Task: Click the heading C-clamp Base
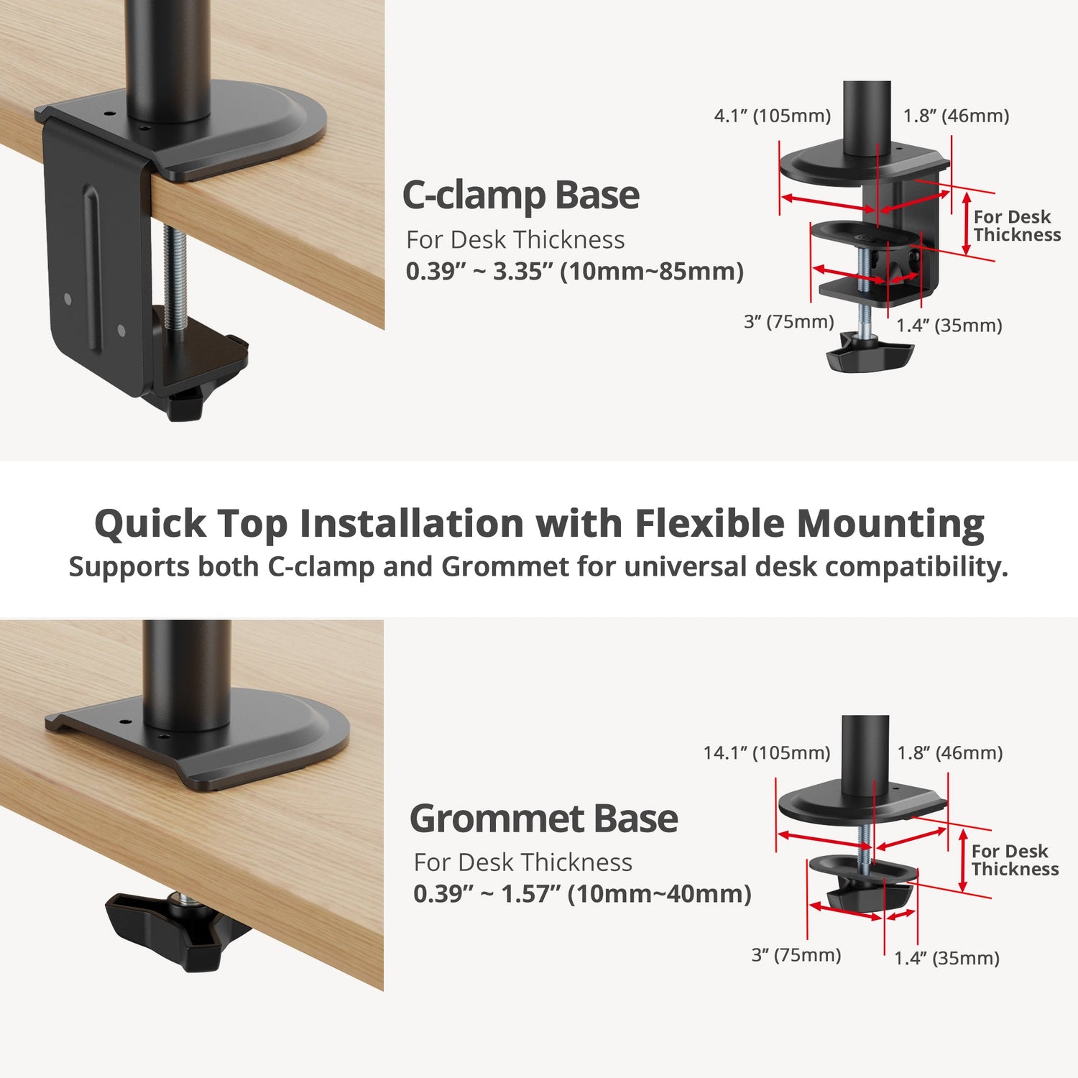click(520, 195)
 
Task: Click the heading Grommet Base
click(543, 819)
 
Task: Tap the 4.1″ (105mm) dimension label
click(773, 116)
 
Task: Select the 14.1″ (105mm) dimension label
click(767, 752)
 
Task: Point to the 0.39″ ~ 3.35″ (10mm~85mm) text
click(574, 272)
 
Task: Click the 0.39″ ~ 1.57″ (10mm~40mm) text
click(582, 894)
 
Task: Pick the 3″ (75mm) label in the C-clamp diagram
click(789, 321)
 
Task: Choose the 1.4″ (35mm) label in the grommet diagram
click(947, 958)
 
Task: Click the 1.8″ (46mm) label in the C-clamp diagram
click(957, 116)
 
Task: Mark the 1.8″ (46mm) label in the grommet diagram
click(950, 752)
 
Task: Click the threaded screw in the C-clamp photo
click(175, 277)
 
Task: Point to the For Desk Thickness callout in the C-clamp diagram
click(1017, 226)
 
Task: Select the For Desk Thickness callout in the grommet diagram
click(1015, 860)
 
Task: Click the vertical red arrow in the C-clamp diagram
click(967, 224)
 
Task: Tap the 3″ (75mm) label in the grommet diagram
click(796, 955)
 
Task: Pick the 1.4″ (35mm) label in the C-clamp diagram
click(949, 326)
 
